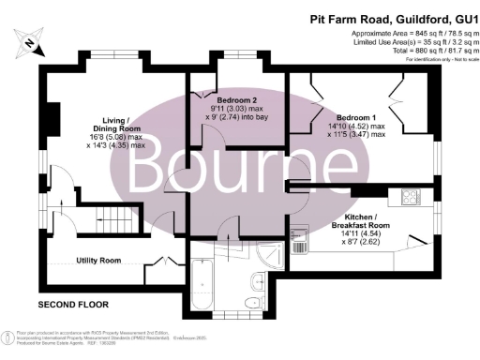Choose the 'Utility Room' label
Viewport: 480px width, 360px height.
coord(98,260)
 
